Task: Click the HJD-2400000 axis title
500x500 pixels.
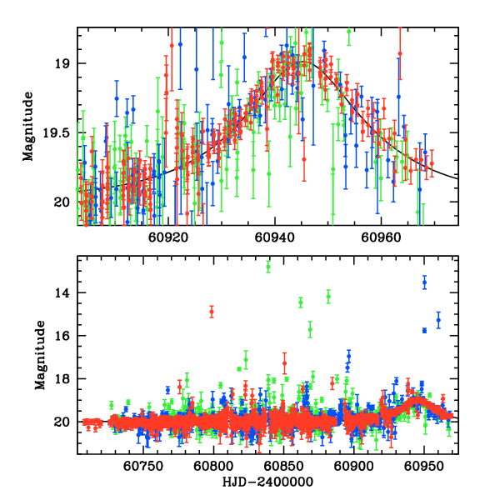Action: (266, 482)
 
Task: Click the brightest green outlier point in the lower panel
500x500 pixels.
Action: (268, 267)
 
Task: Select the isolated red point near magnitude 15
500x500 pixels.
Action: (212, 312)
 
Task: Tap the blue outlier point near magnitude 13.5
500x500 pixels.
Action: (424, 282)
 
